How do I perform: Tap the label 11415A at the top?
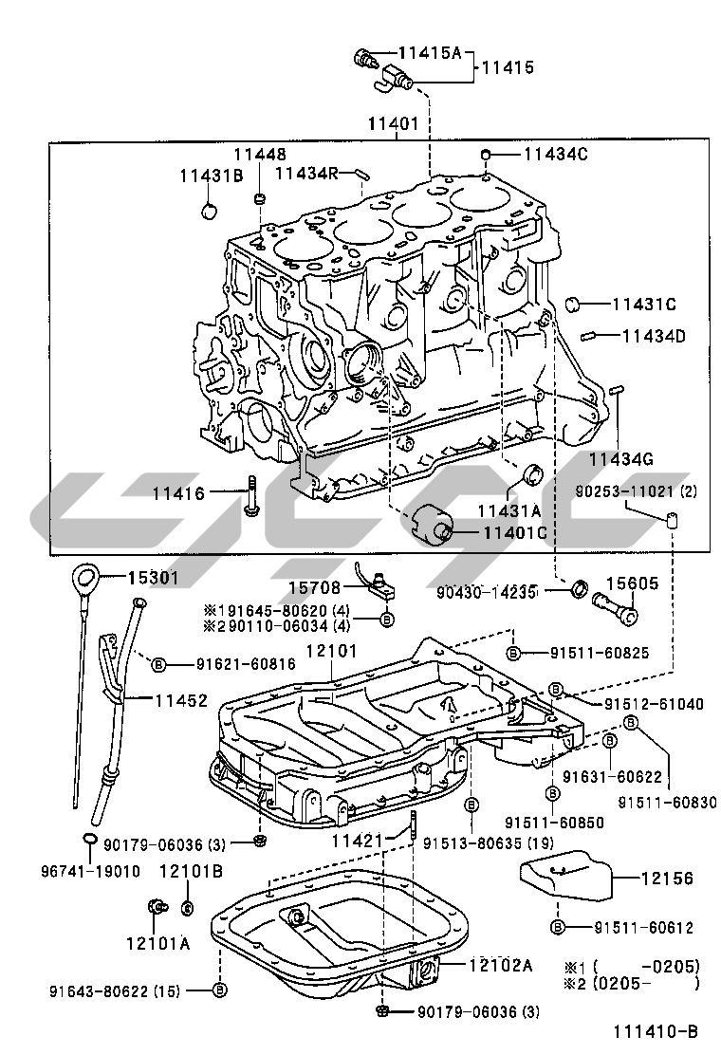[429, 52]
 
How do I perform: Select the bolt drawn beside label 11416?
[251, 496]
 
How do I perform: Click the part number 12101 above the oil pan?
[331, 653]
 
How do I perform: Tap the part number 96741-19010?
[90, 871]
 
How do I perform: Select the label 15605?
[632, 584]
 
